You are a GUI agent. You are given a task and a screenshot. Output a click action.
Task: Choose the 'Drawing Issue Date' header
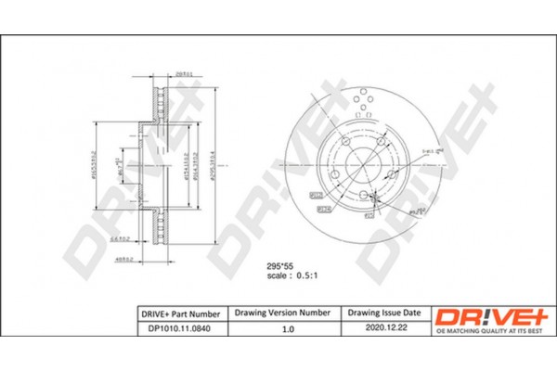386,315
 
